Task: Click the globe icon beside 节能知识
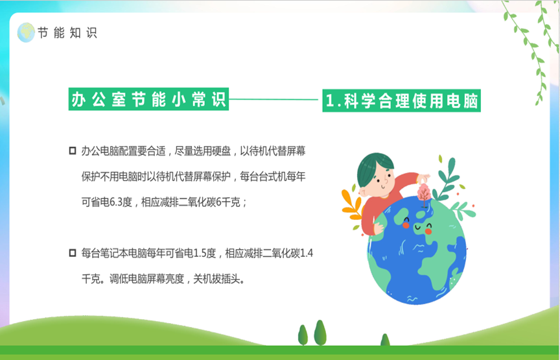pos(26,32)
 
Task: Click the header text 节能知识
pos(67,33)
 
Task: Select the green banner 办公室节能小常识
pos(148,99)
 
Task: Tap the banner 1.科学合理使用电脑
pos(401,101)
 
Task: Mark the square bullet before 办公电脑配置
pos(73,150)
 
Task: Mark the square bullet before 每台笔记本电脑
pos(73,253)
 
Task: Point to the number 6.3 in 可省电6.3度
pos(116,202)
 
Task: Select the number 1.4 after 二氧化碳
pos(307,254)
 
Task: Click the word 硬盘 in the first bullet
pos(222,151)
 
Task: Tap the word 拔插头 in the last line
pos(226,279)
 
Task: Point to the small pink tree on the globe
pos(424,195)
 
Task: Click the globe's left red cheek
pos(406,225)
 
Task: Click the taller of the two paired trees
pos(320,333)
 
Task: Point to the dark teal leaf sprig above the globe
pos(445,180)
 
